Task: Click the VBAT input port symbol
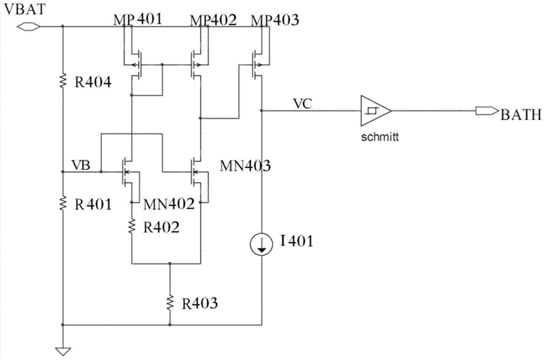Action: point(29,26)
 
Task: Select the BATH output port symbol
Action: point(487,111)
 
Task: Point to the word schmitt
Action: point(380,137)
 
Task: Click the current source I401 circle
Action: point(262,244)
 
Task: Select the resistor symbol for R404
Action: point(63,81)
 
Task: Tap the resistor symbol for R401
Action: point(63,203)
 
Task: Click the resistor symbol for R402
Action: point(132,226)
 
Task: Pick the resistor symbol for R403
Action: point(170,302)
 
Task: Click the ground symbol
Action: point(63,351)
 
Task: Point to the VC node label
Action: point(302,104)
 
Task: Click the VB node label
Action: point(81,165)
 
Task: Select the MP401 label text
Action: point(138,19)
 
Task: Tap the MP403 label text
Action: point(275,20)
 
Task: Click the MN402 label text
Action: point(169,204)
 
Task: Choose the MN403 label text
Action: point(245,166)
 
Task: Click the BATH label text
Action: point(522,114)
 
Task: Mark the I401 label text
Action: point(297,240)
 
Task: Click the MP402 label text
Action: point(214,20)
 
